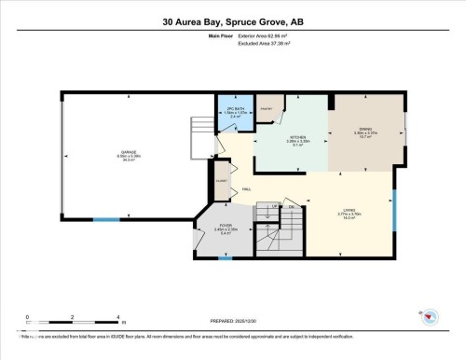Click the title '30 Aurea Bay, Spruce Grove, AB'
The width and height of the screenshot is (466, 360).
[232, 21]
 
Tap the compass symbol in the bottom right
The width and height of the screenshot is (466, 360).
[430, 317]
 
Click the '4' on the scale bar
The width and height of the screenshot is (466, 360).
[117, 317]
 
